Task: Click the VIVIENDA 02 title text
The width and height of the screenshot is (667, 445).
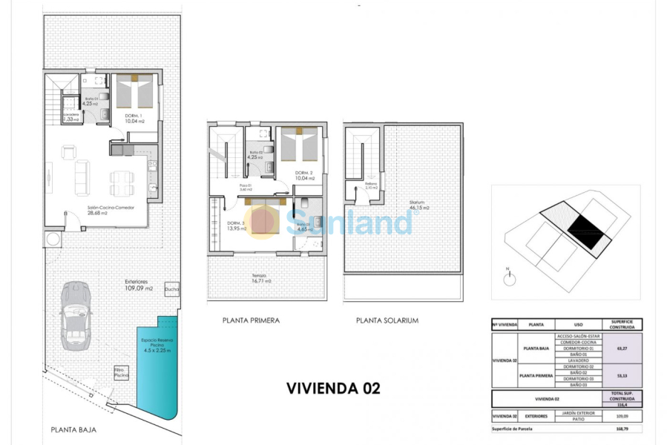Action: [333, 388]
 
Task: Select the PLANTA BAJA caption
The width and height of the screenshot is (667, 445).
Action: [73, 429]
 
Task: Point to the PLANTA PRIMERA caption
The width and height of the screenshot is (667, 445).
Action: [251, 320]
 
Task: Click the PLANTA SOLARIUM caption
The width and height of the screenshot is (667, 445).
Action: [387, 320]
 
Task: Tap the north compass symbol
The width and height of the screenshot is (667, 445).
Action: [509, 279]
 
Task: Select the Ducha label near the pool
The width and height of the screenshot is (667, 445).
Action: [172, 289]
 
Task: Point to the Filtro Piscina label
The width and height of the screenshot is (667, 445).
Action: [119, 372]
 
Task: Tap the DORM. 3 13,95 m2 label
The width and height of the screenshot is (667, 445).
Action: [237, 226]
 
